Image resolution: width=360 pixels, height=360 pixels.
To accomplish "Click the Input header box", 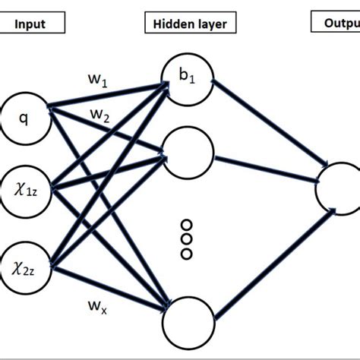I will (29, 24).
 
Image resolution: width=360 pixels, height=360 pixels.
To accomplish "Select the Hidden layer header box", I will (185, 24).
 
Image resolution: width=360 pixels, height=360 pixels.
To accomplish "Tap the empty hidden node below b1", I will (187, 152).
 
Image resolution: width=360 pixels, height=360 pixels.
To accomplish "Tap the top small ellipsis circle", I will (186, 225).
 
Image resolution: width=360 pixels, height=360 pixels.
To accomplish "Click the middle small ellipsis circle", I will (186, 239).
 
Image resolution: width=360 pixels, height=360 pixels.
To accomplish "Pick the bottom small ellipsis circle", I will (186, 253).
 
